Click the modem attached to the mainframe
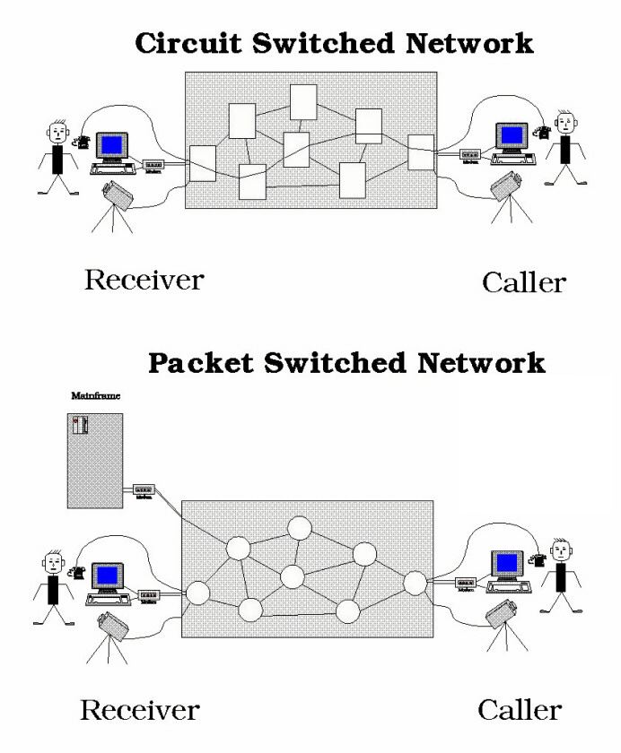coord(144,490)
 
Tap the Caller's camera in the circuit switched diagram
coord(504,186)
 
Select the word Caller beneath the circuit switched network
coord(524,282)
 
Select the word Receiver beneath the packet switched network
coord(139,711)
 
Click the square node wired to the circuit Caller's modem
coord(421,151)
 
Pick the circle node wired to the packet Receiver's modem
coord(197,593)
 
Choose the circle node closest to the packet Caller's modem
coord(415,583)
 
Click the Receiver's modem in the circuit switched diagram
coord(154,165)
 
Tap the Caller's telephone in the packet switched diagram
coord(538,559)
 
